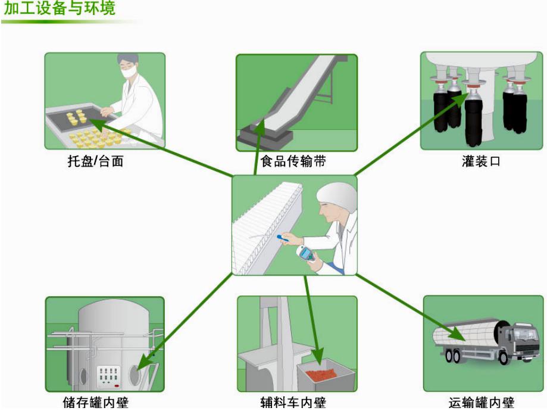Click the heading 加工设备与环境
59,9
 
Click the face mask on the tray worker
130,73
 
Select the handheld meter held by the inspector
307,255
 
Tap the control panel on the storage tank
110,376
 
